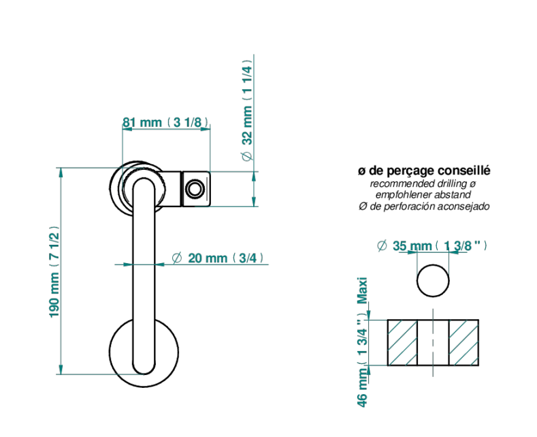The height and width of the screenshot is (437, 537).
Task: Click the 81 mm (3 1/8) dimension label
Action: (x=166, y=122)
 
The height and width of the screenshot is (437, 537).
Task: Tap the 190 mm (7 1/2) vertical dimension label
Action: (x=54, y=271)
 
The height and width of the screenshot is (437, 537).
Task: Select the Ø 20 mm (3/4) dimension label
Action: (x=218, y=258)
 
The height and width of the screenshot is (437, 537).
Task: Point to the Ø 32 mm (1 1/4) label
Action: (x=247, y=110)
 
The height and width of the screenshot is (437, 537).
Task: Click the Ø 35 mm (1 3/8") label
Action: (x=432, y=245)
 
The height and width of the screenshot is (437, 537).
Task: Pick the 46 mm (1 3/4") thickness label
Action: (x=362, y=359)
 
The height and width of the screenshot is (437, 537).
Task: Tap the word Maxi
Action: (x=362, y=290)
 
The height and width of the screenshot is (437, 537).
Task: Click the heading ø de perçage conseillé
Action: (x=424, y=170)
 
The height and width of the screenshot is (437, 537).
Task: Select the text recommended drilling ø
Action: (x=423, y=183)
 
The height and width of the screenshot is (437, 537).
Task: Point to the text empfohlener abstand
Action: (x=423, y=195)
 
